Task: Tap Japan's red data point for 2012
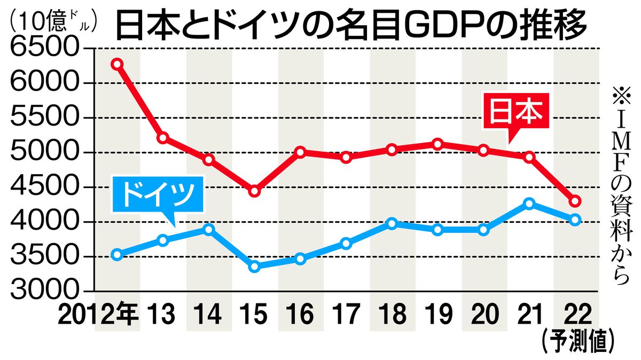tap(118, 64)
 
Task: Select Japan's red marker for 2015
tap(254, 191)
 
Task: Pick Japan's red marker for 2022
tap(575, 201)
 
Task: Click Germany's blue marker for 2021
tap(529, 204)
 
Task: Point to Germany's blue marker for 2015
tap(254, 266)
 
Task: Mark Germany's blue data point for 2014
tap(209, 230)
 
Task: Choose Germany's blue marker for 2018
tap(392, 223)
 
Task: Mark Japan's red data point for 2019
tap(438, 144)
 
